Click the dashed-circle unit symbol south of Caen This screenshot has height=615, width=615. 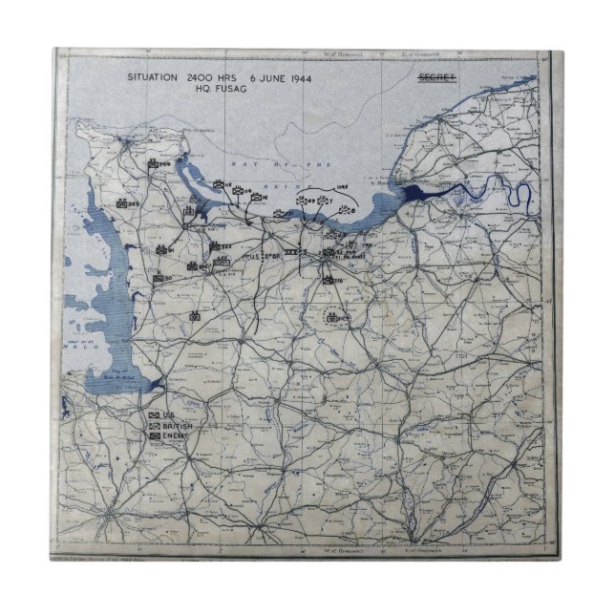point(333,318)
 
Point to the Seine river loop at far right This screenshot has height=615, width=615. point(516,198)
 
